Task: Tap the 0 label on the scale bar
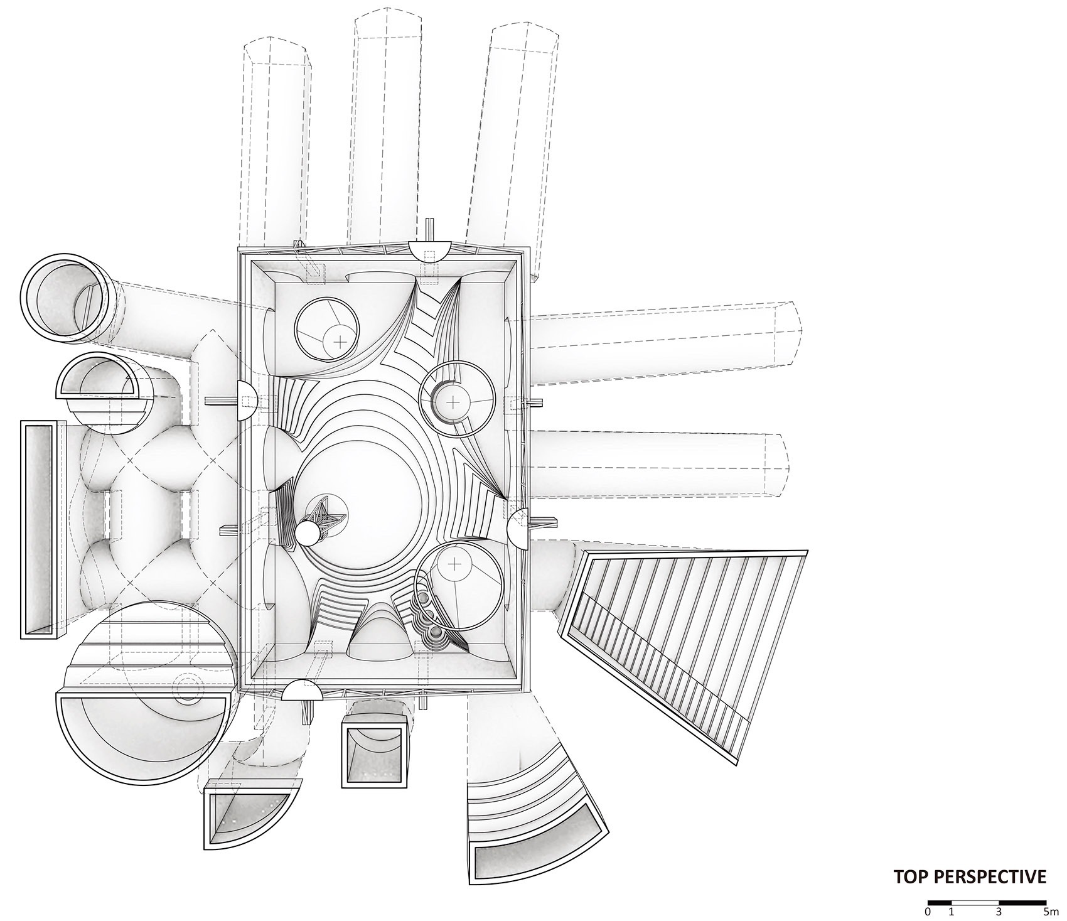[x=928, y=908]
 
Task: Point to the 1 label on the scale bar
[x=952, y=908]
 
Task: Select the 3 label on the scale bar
[x=999, y=908]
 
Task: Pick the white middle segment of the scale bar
[x=975, y=900]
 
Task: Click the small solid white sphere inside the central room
[x=308, y=534]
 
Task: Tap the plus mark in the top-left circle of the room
[x=340, y=342]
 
